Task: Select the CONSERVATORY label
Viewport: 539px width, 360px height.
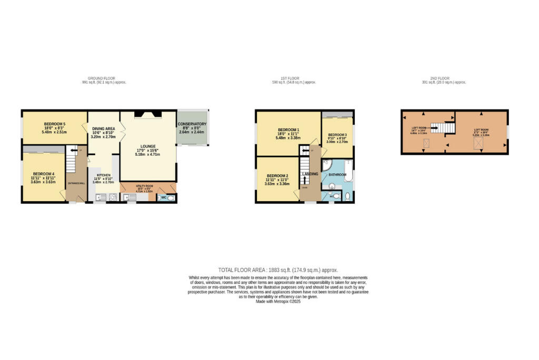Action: pos(192,124)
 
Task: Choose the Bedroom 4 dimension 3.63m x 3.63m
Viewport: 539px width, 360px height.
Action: pos(43,182)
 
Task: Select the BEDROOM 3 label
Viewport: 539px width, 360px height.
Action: pos(337,135)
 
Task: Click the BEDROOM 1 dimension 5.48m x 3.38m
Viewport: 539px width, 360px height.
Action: pos(288,138)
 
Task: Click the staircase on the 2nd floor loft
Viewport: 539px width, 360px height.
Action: pos(442,127)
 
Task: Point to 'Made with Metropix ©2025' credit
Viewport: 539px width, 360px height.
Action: pos(278,301)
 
